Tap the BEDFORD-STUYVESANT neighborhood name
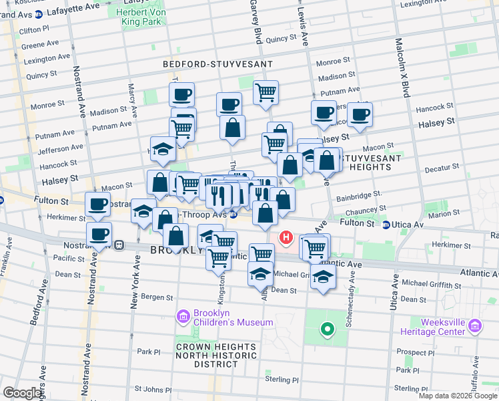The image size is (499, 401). click(x=218, y=64)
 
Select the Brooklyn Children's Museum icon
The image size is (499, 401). click(x=183, y=315)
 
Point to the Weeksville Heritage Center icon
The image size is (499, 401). click(x=475, y=325)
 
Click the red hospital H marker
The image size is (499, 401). click(x=286, y=237)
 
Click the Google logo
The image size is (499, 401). click(x=23, y=393)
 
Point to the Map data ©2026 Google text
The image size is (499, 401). click(x=458, y=396)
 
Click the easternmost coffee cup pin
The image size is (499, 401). click(x=360, y=114)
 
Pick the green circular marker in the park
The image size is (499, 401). click(x=327, y=329)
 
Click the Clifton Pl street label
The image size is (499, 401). click(x=34, y=30)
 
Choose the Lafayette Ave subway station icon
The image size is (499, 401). click(x=39, y=13)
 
